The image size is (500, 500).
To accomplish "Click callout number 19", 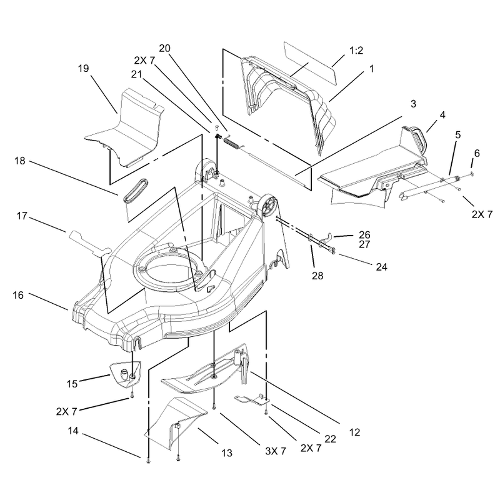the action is click(x=84, y=68).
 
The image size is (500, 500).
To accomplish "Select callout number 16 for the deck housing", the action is click(x=18, y=295).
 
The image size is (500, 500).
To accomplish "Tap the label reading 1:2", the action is click(x=356, y=51).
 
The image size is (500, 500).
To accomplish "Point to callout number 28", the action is click(x=317, y=276).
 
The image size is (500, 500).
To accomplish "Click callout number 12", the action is click(x=354, y=432).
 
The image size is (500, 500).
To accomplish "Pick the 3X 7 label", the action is click(x=276, y=451).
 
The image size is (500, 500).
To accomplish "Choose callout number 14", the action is click(x=73, y=431).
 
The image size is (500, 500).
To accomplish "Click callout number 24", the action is click(x=381, y=267).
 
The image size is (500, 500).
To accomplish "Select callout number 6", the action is click(x=477, y=153).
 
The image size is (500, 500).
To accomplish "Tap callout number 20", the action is click(x=164, y=48).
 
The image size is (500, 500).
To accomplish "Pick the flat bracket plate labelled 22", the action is click(x=252, y=400).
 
